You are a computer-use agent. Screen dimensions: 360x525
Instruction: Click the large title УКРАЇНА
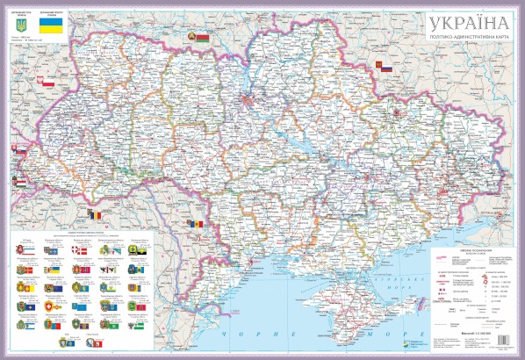[x=458, y=22]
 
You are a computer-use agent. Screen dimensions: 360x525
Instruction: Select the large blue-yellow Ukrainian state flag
[x=54, y=29]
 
